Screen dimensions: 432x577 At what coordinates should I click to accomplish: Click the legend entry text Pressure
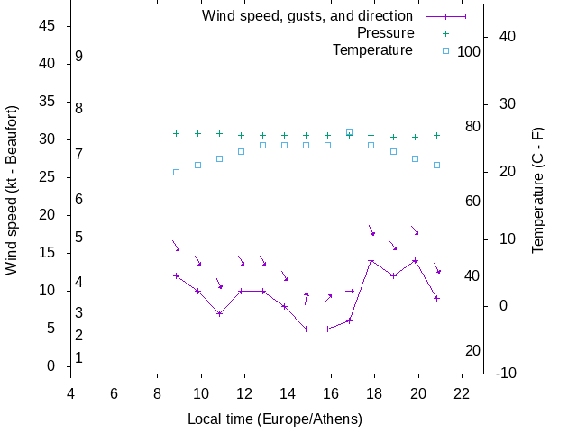tap(385, 33)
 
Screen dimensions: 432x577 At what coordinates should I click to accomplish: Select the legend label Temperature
tap(372, 50)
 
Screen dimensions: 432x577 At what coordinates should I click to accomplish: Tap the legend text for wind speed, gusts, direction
tap(307, 16)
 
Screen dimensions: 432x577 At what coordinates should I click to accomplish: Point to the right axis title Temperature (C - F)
tap(538, 190)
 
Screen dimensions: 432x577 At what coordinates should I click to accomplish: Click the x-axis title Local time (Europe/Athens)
tap(275, 419)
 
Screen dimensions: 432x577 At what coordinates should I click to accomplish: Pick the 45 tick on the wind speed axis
tap(48, 27)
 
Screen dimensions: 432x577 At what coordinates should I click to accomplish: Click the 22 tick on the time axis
tap(461, 392)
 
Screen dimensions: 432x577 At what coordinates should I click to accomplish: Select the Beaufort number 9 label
tap(79, 57)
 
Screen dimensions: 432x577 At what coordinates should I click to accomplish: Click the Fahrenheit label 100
tap(469, 52)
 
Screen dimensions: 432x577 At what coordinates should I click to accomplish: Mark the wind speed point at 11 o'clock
tap(219, 313)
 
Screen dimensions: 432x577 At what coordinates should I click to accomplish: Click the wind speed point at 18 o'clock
tap(371, 261)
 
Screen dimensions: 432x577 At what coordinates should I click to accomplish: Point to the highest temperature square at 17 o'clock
tap(349, 132)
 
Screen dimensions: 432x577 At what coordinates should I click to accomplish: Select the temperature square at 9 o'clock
tap(176, 172)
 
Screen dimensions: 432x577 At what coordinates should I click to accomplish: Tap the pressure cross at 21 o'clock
tap(436, 135)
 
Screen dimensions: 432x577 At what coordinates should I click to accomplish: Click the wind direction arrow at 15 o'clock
tap(307, 298)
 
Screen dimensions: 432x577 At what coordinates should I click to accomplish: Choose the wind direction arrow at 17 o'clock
tap(350, 291)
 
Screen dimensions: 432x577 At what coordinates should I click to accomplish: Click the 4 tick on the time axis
tap(70, 392)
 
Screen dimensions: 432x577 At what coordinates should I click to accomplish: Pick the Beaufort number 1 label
tap(79, 358)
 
